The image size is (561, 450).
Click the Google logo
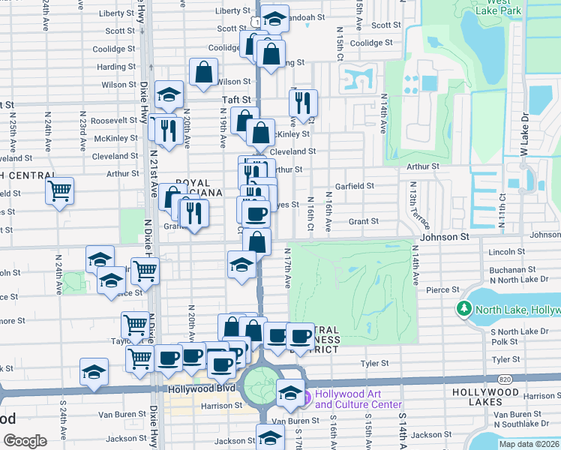pos(25,441)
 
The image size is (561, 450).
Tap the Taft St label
pos(235,98)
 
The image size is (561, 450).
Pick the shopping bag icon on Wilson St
pos(204,73)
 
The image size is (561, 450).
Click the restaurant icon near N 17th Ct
pos(303,103)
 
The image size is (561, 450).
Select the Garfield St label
pos(355,185)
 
